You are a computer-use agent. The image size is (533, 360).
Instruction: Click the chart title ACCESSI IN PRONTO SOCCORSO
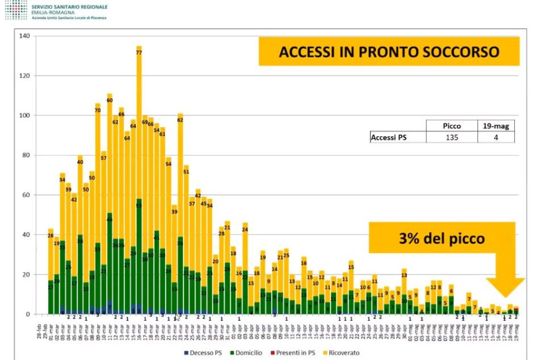389,52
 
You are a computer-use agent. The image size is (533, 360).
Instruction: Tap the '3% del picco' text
441,238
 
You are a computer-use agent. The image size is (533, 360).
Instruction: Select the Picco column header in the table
451,126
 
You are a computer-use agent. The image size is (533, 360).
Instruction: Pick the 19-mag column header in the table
495,126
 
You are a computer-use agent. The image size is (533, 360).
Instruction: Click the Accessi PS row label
388,137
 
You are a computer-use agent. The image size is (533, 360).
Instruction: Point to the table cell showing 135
451,137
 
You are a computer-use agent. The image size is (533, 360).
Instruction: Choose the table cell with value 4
495,137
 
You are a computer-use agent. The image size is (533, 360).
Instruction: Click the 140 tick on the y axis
24,36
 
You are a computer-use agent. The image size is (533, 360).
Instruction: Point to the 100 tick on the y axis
24,115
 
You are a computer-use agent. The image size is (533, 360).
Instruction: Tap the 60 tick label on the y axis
26,195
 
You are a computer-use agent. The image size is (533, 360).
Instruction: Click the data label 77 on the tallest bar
139,53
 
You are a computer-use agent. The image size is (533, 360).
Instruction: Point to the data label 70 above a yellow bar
98,111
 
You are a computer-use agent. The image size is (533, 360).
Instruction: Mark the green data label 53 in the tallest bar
139,205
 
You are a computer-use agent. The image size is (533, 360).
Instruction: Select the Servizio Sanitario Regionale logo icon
16,10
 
